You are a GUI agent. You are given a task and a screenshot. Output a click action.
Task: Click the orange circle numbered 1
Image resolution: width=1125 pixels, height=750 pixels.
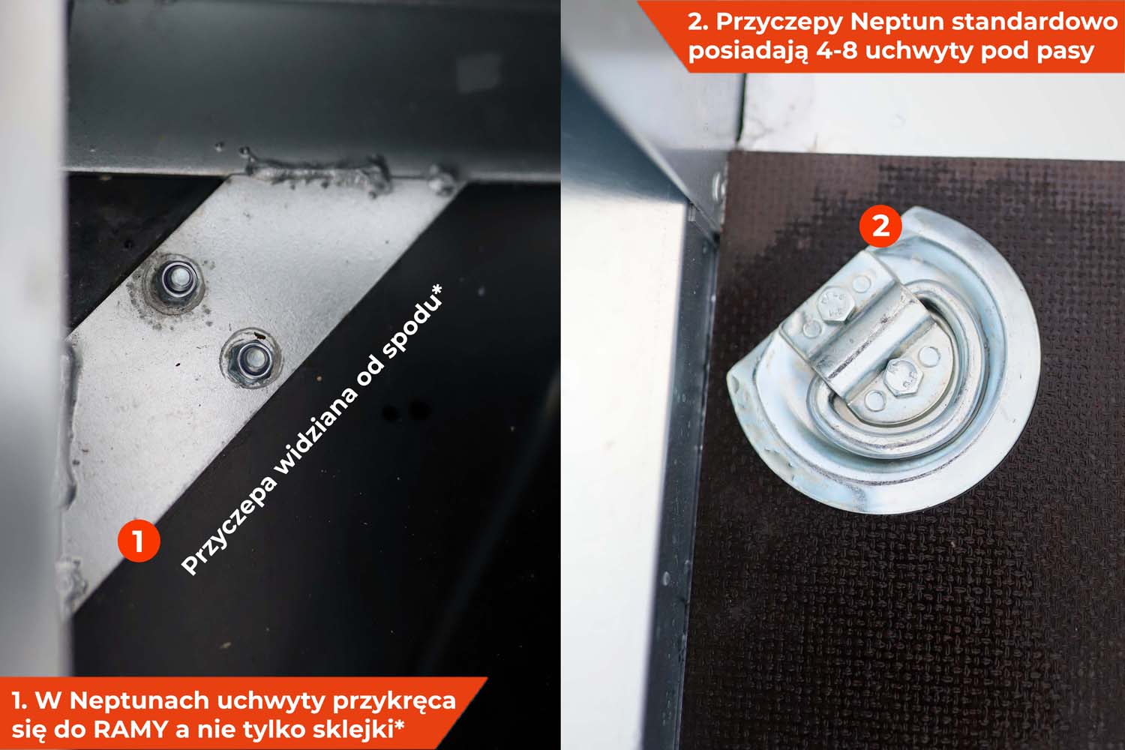click(x=139, y=541)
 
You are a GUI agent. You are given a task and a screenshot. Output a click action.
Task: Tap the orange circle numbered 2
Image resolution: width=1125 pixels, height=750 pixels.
click(x=881, y=226)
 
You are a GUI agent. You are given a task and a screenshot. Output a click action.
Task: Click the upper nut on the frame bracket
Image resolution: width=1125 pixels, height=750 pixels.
click(x=175, y=283)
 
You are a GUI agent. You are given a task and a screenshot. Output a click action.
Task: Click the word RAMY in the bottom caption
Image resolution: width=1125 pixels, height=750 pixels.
click(x=131, y=730)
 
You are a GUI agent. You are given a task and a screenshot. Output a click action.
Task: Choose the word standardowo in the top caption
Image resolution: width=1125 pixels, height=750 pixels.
click(x=1027, y=22)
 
